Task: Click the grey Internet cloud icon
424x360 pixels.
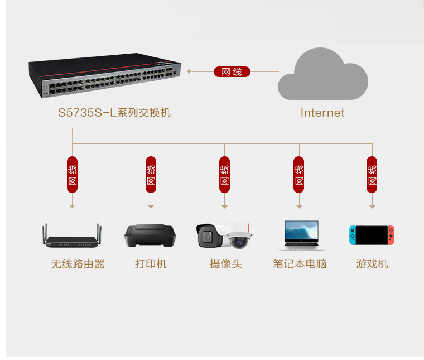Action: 322,74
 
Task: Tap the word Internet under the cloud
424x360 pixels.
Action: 322,113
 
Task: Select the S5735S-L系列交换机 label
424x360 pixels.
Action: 114,113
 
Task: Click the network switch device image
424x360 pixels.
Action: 104,75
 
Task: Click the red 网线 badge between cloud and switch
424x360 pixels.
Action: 232,71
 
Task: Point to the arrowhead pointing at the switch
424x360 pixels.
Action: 189,71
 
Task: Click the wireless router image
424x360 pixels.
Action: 71,236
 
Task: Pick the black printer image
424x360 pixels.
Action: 150,235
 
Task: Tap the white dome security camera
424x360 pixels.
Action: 239,235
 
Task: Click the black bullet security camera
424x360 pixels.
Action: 209,236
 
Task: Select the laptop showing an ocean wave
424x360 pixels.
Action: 301,235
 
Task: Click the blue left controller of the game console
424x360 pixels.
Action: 353,235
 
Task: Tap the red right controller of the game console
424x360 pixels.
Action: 391,235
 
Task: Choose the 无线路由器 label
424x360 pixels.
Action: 78,263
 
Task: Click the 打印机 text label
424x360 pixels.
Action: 151,263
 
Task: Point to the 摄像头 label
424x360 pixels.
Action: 226,263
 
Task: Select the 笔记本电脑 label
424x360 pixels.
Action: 300,263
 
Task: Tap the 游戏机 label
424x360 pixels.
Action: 372,263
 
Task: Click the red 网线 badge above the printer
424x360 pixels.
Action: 151,175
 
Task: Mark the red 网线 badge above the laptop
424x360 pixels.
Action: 299,175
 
